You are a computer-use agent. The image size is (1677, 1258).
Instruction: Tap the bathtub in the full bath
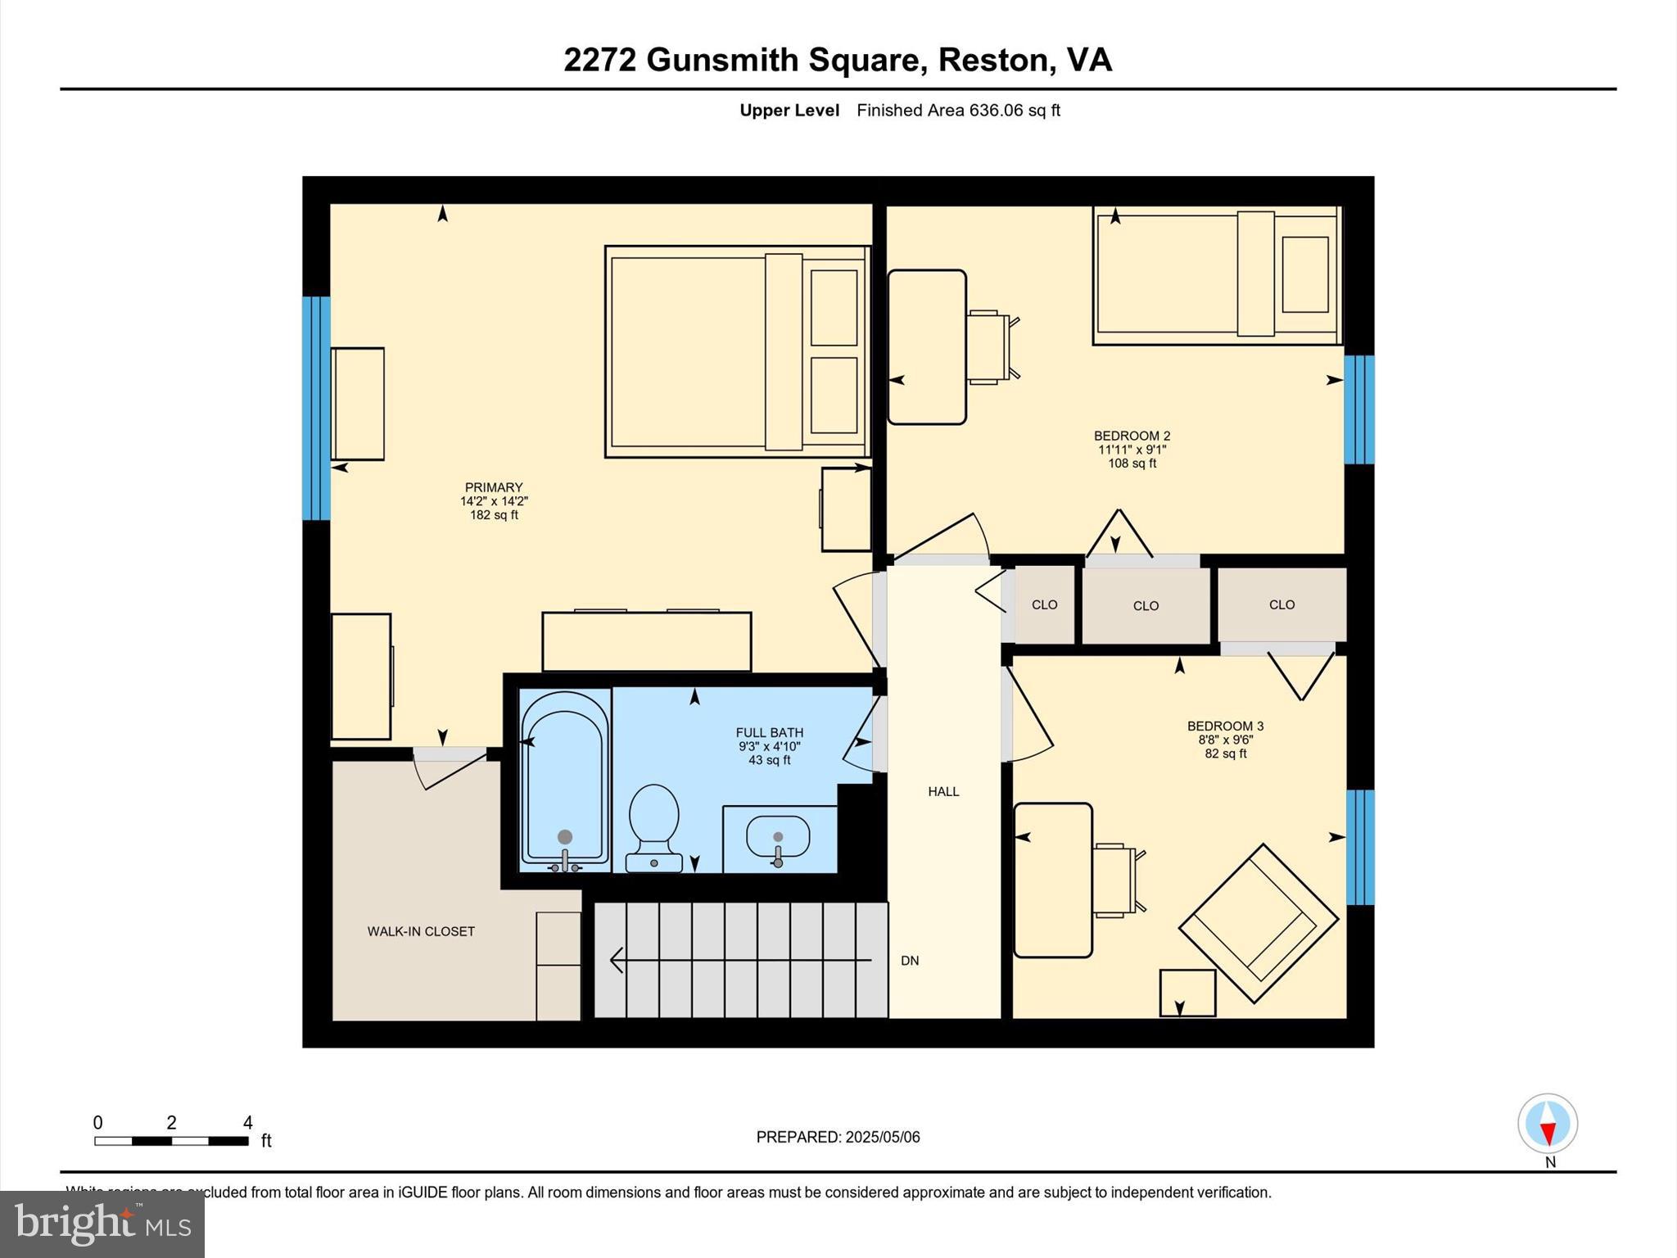(565, 778)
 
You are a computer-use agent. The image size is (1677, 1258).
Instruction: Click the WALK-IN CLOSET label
(421, 931)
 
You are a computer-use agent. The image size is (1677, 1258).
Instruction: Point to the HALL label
(943, 791)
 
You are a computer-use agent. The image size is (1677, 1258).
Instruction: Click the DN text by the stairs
(910, 961)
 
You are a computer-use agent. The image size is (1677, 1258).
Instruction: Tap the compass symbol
(1548, 1124)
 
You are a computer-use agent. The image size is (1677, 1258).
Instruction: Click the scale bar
(171, 1140)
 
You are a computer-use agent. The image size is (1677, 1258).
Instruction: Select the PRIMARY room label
(494, 487)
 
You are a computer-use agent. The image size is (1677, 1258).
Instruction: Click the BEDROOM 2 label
(1132, 436)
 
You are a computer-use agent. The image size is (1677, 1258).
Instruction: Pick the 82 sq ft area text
(1225, 753)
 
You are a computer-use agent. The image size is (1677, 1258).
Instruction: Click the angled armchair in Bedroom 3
(1259, 924)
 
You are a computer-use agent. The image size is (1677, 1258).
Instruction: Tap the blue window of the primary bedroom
(316, 408)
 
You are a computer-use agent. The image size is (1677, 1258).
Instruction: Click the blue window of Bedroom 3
(1360, 847)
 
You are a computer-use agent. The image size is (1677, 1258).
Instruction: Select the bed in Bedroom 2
(1217, 275)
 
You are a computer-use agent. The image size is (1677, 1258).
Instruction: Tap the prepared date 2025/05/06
(883, 1137)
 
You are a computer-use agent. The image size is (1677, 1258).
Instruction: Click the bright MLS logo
(102, 1224)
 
